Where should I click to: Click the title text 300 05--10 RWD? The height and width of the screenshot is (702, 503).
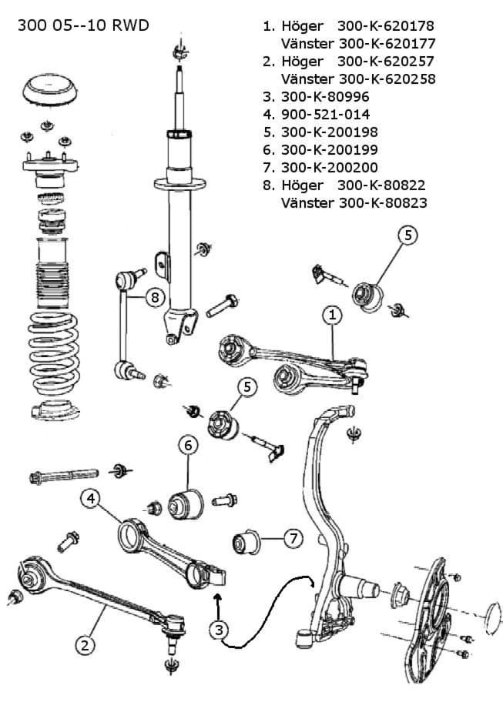coord(82,26)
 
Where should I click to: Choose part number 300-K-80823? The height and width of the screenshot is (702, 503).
coord(381,202)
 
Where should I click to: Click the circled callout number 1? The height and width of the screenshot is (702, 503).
coord(332,315)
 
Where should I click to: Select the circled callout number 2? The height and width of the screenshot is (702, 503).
coord(86,643)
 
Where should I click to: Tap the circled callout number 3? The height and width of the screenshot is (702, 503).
coord(220,630)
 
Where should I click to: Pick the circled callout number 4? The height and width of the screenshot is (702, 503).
coord(91,498)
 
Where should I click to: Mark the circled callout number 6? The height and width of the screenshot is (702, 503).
coord(189,445)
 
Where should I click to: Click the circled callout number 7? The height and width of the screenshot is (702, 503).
coord(293,539)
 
